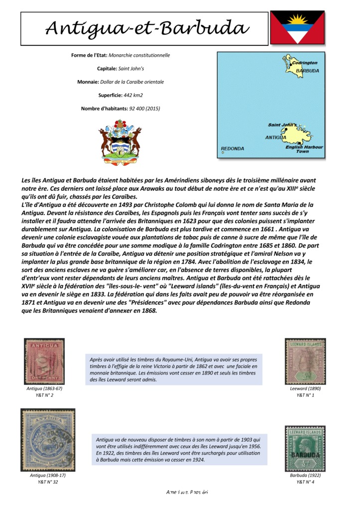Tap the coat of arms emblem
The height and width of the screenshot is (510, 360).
point(120,142)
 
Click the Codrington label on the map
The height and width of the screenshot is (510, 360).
point(305,63)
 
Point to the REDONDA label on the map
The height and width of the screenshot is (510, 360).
point(233,148)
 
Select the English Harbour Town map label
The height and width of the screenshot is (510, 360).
point(304,149)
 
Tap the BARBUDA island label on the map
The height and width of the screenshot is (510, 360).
point(306,71)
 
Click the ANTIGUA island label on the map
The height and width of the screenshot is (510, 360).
point(275,136)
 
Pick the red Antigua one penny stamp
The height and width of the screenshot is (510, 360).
point(44,361)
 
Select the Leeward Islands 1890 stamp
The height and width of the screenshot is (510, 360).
point(305,361)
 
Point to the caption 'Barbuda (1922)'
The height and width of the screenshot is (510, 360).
point(305,475)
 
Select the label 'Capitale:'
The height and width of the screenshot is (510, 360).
point(106,69)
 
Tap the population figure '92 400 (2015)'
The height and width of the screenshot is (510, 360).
point(144,108)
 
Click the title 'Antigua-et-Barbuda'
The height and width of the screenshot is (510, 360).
point(144,28)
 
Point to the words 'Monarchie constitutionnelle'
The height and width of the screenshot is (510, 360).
point(139,55)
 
